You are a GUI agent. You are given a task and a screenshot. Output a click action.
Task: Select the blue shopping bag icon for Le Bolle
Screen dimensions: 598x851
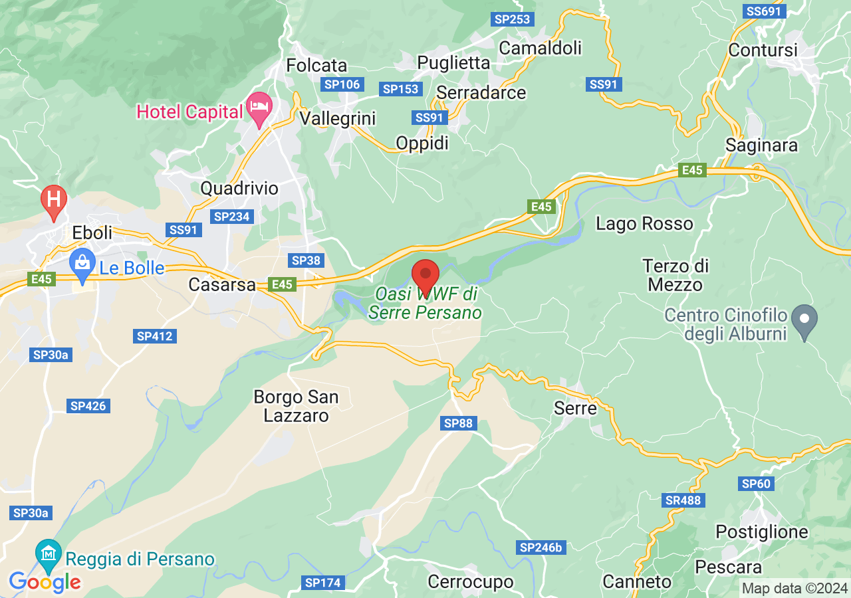[x=82, y=264]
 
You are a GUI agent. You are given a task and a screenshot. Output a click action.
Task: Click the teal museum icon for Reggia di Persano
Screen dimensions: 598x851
[x=49, y=553]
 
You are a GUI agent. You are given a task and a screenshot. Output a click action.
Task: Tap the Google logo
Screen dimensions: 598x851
[x=45, y=583]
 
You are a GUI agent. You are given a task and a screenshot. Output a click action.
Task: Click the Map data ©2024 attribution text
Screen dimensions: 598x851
[x=794, y=588]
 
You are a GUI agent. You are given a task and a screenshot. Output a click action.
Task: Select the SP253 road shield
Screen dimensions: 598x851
[x=512, y=19]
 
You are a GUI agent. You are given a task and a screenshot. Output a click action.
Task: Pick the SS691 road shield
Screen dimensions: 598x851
[x=765, y=11]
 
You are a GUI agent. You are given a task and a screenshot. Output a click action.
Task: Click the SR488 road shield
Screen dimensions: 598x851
[x=683, y=500]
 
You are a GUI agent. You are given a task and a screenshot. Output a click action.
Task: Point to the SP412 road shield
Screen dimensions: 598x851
[x=155, y=336]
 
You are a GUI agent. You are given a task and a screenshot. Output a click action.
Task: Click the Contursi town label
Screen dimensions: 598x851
[x=763, y=50]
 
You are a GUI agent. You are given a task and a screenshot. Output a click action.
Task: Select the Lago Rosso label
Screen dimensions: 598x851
[x=644, y=224]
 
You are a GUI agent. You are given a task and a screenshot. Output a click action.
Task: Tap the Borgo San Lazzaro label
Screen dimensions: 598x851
[x=297, y=406]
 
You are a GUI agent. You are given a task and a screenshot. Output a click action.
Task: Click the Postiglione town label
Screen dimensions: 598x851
[x=761, y=532]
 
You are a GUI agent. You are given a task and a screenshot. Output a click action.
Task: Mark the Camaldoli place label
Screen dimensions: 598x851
[x=540, y=48]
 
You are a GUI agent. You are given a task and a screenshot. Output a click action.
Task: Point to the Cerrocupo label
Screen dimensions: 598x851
[x=471, y=582]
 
